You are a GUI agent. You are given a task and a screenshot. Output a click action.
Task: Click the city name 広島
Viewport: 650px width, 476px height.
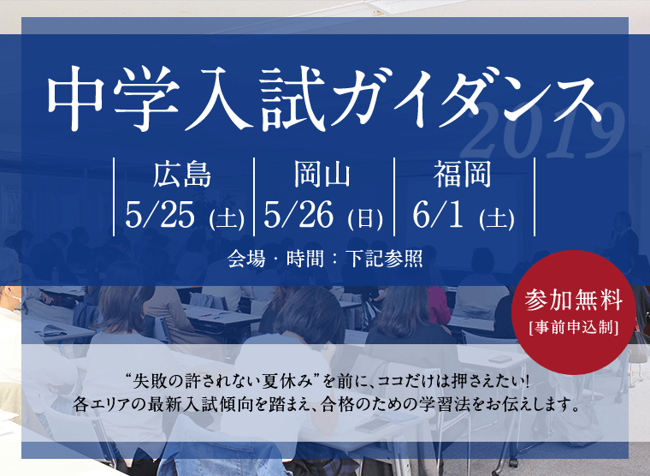click(x=182, y=175)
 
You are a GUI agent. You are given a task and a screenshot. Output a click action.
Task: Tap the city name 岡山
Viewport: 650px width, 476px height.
click(x=322, y=175)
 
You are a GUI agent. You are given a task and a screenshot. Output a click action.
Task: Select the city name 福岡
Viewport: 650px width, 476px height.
click(x=463, y=175)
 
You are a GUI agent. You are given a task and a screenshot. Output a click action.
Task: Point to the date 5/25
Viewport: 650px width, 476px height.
click(x=160, y=215)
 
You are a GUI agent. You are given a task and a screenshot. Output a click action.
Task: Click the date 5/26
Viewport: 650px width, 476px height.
click(x=298, y=215)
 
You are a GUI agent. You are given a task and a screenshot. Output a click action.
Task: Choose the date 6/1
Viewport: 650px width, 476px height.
click(x=438, y=215)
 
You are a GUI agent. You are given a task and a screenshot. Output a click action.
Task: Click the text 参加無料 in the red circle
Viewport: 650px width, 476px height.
click(x=574, y=300)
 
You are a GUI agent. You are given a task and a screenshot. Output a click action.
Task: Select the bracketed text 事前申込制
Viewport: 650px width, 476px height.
click(x=574, y=327)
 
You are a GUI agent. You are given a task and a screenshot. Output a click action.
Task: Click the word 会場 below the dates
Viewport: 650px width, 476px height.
click(x=246, y=259)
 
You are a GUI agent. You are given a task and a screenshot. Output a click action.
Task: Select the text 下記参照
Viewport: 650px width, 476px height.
click(x=384, y=259)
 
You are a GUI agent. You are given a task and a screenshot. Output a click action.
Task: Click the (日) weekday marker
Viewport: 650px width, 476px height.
click(x=365, y=219)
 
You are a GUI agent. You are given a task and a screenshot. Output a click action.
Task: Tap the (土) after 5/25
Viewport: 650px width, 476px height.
click(x=227, y=219)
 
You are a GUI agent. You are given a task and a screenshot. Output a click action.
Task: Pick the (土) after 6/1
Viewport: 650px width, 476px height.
click(x=497, y=219)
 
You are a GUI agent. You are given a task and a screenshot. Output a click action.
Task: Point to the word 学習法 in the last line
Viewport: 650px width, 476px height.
click(x=445, y=404)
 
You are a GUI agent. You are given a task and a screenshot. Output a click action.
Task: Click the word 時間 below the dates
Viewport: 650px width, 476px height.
click(x=305, y=259)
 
